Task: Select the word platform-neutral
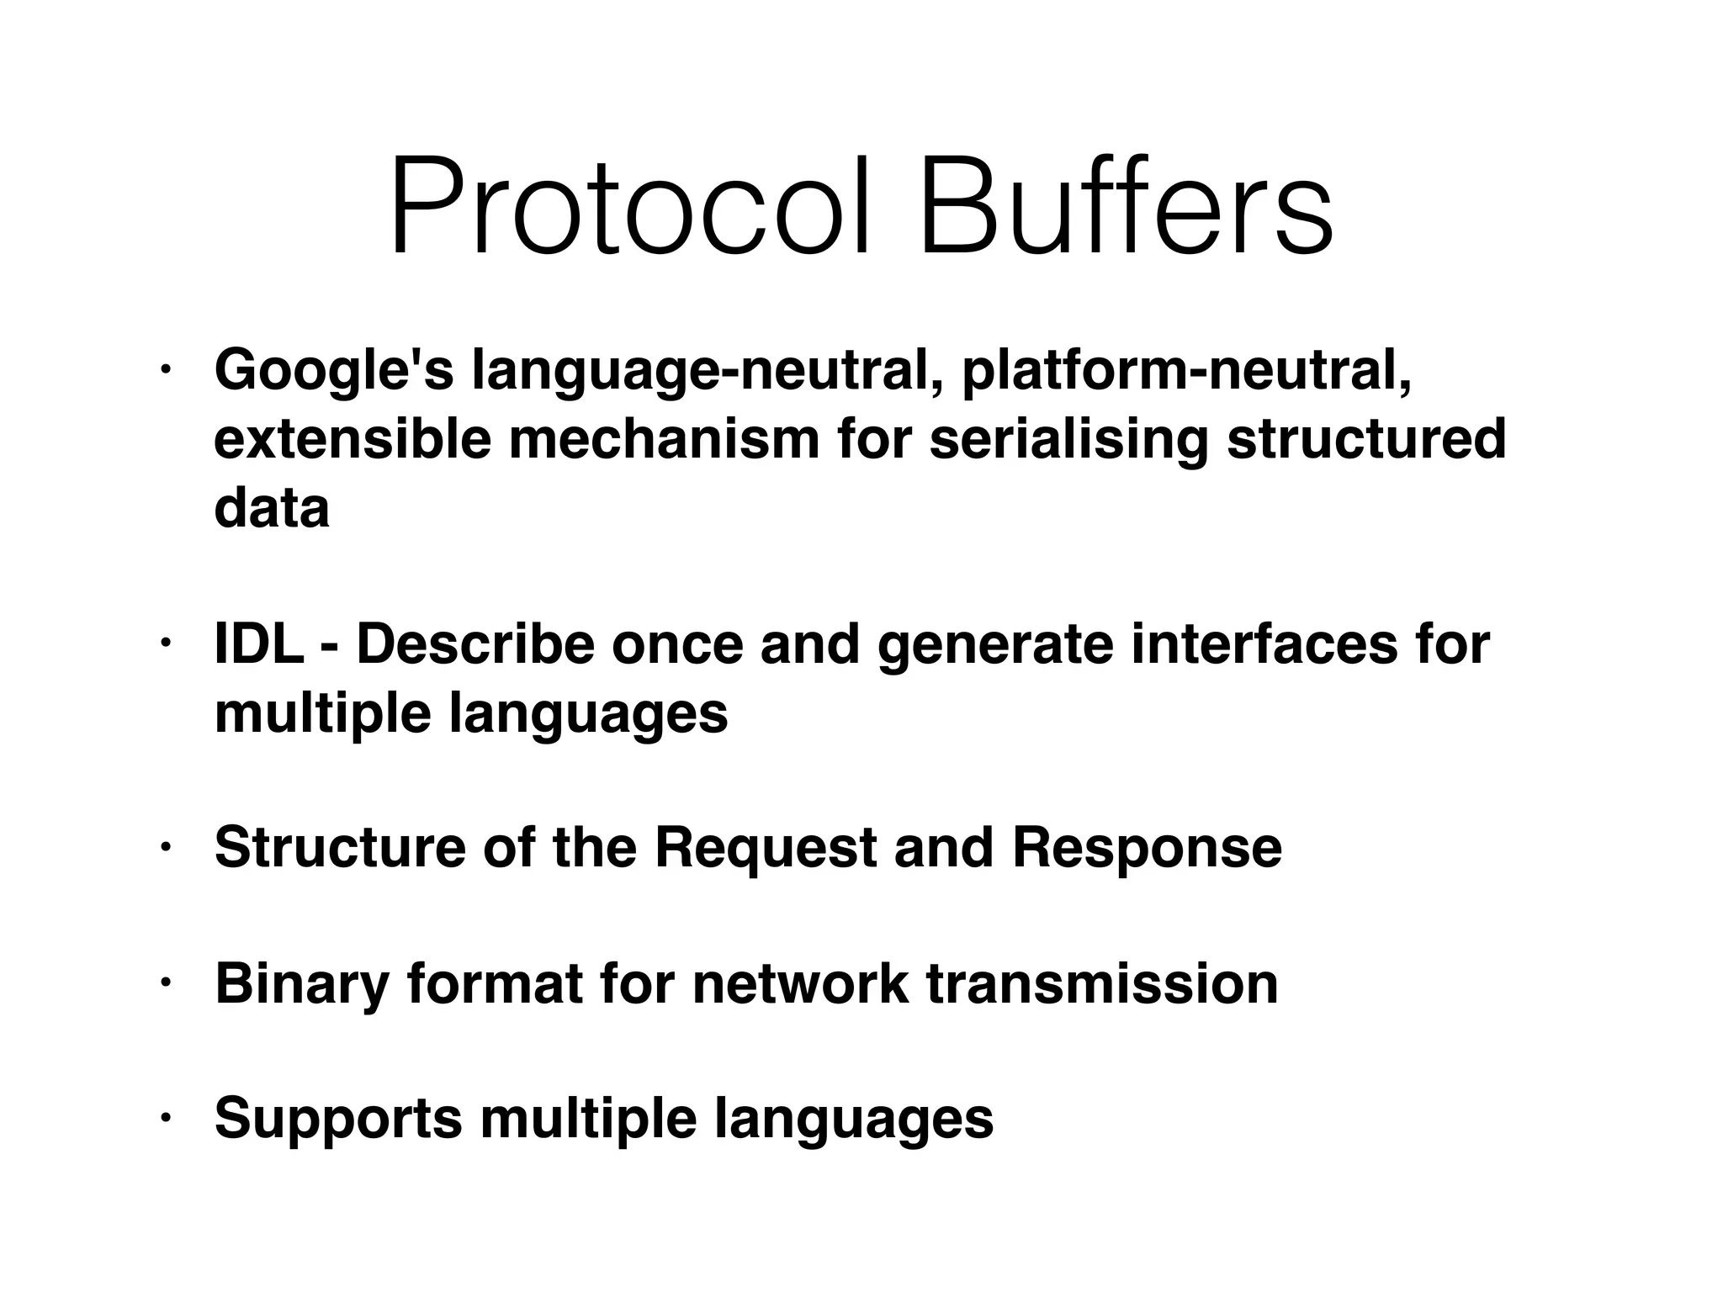coord(1187,370)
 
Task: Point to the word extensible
coord(353,439)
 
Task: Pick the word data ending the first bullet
coord(272,508)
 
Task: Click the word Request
coord(766,847)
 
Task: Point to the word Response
coord(1147,847)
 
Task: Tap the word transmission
coord(1102,983)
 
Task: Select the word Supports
coord(338,1120)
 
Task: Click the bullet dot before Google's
coord(167,370)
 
